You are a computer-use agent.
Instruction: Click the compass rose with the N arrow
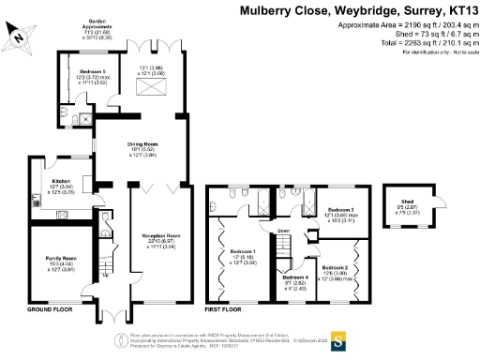pyautogui.click(x=22, y=35)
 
